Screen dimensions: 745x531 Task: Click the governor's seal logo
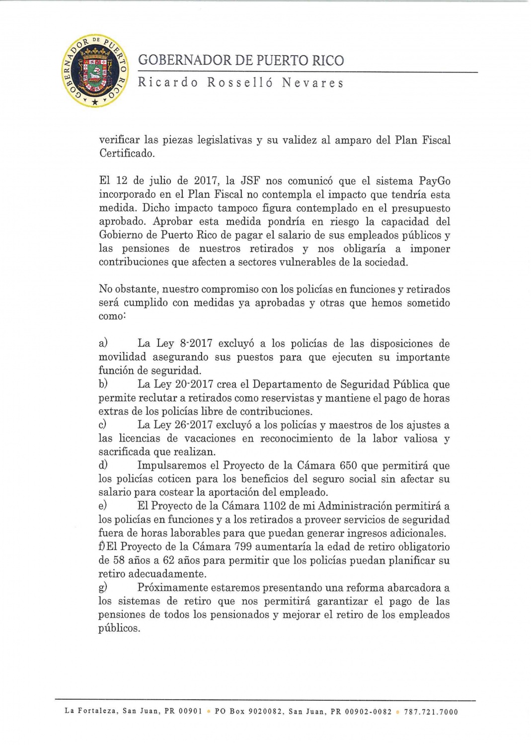[94, 71]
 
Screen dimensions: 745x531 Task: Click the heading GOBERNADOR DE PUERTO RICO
[241, 61]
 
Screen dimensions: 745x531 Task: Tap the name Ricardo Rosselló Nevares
[241, 82]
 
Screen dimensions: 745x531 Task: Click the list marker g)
[103, 588]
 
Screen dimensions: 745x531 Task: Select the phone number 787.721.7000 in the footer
[431, 712]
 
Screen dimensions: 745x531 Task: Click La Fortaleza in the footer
[91, 712]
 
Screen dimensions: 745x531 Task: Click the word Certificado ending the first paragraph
[127, 153]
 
